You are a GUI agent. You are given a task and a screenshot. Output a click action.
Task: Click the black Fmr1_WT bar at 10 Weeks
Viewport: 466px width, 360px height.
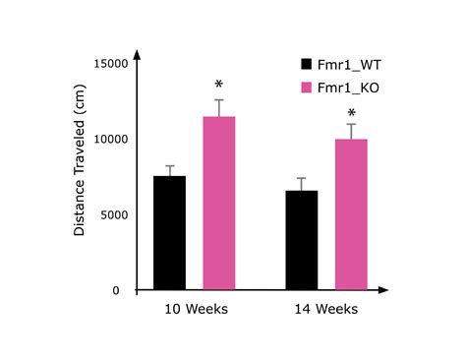point(169,233)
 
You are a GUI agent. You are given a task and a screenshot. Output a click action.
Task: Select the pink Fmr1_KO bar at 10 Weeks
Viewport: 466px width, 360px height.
point(218,204)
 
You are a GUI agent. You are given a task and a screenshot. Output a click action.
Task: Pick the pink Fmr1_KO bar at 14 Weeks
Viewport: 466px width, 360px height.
point(350,214)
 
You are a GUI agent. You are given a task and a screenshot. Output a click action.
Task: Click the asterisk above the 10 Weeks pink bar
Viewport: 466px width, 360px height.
point(218,87)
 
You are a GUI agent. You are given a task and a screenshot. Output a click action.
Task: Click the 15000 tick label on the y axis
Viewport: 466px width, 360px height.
point(110,63)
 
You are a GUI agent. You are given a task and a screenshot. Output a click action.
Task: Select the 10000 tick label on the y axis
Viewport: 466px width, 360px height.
point(110,139)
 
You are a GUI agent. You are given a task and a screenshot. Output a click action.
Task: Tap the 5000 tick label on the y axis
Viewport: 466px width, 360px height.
point(113,214)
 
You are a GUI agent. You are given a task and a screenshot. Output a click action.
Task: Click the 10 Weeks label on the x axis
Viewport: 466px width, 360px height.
point(195,310)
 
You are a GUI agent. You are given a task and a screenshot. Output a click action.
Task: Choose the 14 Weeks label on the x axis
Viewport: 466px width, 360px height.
point(325,310)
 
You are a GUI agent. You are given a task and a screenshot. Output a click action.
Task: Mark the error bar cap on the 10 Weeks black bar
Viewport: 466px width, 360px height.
point(169,166)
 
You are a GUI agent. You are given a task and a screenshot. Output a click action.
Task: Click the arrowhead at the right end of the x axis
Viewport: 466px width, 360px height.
point(384,290)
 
